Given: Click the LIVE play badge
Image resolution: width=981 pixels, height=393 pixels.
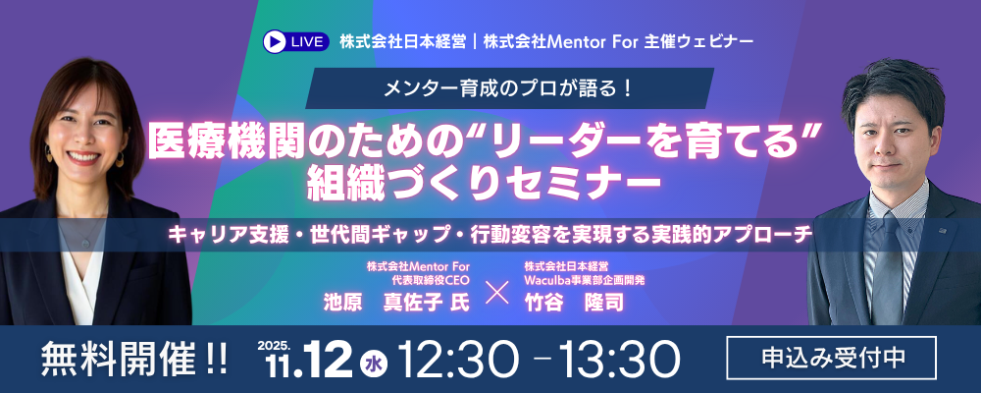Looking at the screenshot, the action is (x=296, y=41).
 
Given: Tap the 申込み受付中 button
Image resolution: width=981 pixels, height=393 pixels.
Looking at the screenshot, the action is (x=832, y=358).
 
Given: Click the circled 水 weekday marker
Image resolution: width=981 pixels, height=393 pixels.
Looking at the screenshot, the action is (x=374, y=364).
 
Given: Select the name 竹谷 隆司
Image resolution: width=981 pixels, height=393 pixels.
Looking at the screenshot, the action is (x=574, y=303).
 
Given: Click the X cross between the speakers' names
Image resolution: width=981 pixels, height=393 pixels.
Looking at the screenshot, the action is (x=496, y=294).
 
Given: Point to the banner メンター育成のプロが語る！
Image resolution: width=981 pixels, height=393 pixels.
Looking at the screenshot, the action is (x=509, y=88).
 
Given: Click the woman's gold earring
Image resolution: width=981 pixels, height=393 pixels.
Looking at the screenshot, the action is (x=120, y=159).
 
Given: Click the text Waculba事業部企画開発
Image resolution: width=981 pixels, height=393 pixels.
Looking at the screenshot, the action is (x=585, y=280).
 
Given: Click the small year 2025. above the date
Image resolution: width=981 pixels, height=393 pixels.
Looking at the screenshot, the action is (x=273, y=345).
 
